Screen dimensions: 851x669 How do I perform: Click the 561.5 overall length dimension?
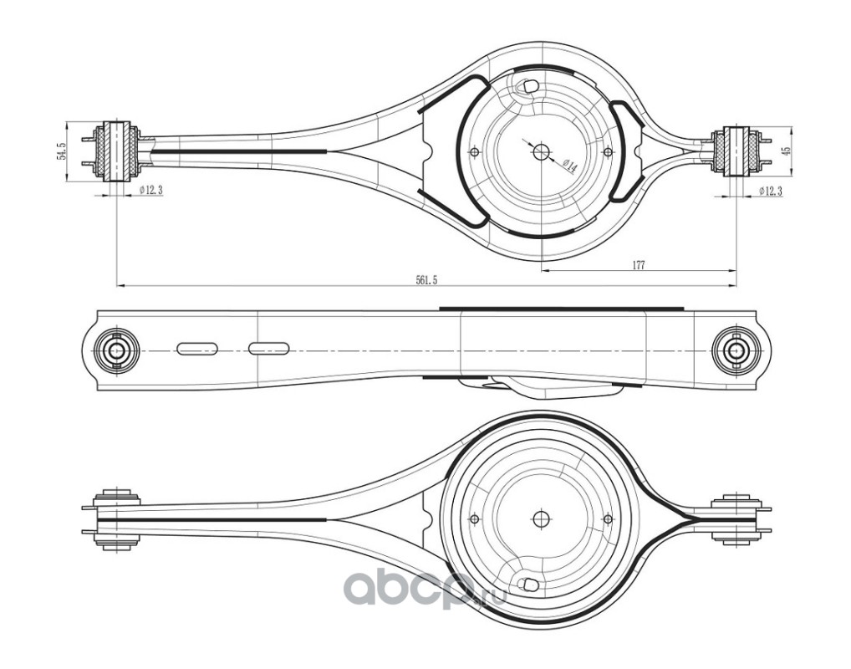coord(426,280)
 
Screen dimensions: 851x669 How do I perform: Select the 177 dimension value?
coord(638,265)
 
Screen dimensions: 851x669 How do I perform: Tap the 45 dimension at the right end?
coord(785,151)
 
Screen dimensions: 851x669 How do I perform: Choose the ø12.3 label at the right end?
coord(769,192)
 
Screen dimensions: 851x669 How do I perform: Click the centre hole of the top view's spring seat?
coord(539,152)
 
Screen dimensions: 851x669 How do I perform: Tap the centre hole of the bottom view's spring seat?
coord(539,517)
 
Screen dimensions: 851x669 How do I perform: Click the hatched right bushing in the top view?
coord(736,150)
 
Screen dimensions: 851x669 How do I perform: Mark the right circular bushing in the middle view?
coord(736,350)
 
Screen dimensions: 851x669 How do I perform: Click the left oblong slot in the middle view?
coord(197,348)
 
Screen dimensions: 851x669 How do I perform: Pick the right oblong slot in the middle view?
coord(268,348)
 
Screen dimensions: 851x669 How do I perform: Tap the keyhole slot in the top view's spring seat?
coord(527,84)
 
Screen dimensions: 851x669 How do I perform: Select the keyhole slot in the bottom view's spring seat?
coord(527,585)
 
